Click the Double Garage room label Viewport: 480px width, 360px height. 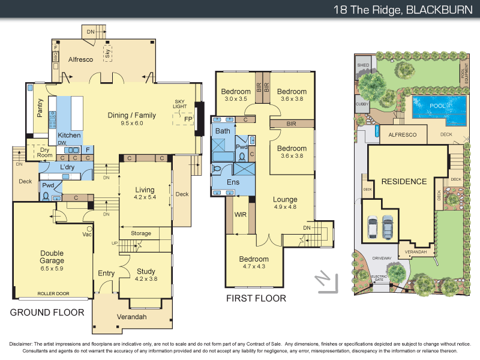coord(52,257)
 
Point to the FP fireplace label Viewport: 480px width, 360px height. coord(188,119)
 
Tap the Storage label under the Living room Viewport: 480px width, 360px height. coord(140,233)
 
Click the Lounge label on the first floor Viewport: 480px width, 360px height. coord(285,199)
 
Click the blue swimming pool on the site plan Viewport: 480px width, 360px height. coord(439,106)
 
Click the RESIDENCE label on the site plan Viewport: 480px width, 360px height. coord(404,181)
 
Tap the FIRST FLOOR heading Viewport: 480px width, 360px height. coord(256,298)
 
